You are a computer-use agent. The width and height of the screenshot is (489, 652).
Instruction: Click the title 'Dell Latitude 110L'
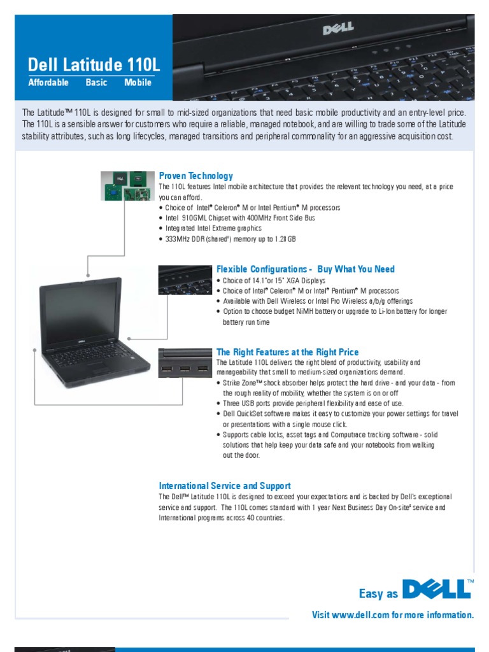click(x=94, y=64)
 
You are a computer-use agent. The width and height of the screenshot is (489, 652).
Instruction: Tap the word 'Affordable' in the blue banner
click(x=48, y=83)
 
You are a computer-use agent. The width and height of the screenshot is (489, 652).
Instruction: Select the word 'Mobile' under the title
click(x=138, y=83)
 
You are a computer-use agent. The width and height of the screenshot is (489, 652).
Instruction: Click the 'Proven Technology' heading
click(x=196, y=176)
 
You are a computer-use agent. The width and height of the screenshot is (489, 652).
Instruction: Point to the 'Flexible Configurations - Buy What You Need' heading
click(x=306, y=269)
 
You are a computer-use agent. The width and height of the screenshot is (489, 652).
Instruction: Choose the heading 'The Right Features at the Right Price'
click(x=288, y=352)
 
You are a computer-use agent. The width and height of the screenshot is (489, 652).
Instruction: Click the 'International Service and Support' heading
click(x=225, y=486)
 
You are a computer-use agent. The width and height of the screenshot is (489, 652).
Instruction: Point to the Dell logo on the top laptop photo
click(x=337, y=29)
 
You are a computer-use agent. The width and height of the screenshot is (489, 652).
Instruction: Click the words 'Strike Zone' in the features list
click(x=241, y=383)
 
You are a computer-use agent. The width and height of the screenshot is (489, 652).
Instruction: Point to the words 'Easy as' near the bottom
click(x=379, y=594)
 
